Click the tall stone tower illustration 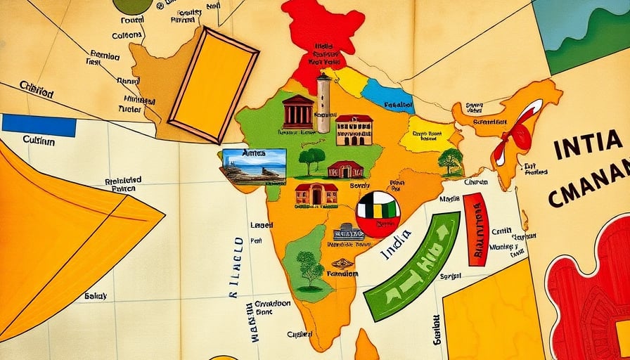(x=323, y=103)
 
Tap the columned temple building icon (x=298, y=112)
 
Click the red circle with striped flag (x=378, y=214)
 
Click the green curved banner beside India (x=411, y=267)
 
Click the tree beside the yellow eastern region (x=449, y=161)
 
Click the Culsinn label (x=39, y=141)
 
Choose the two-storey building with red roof (x=354, y=130)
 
